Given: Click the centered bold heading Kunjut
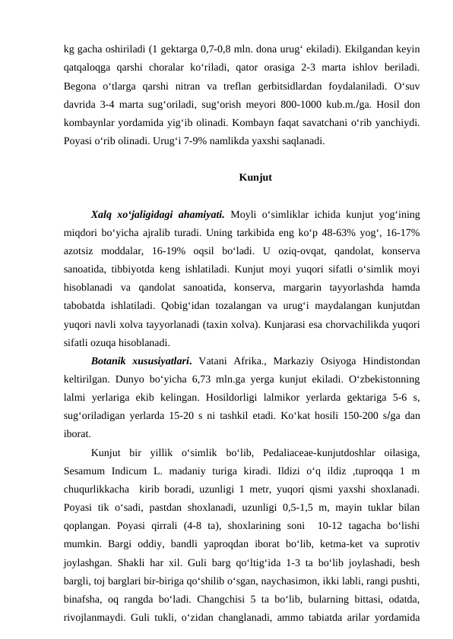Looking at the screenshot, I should pyautogui.click(x=255, y=178).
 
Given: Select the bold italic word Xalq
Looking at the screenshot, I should pyautogui.click(x=103, y=213).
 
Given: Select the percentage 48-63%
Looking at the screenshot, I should pyautogui.click(x=341, y=231).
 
